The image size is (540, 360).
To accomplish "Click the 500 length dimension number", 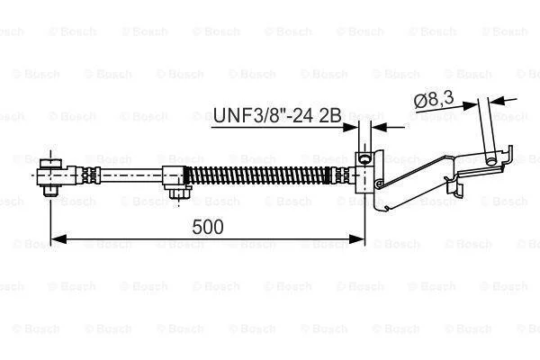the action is (x=208, y=227).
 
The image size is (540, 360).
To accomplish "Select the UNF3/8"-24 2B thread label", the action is (x=277, y=115).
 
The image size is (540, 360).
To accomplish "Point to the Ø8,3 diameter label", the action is (x=434, y=100).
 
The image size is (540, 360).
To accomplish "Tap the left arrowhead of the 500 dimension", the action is (x=58, y=238).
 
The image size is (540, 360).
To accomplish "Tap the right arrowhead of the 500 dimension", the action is (x=356, y=238).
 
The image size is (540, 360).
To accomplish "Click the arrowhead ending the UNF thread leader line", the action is (x=351, y=128).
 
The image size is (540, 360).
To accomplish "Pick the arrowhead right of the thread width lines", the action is (x=379, y=128).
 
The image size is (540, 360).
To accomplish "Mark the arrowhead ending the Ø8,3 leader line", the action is (x=471, y=106).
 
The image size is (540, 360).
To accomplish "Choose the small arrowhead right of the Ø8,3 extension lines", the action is (x=496, y=102).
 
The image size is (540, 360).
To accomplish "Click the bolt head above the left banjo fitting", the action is (x=50, y=163).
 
